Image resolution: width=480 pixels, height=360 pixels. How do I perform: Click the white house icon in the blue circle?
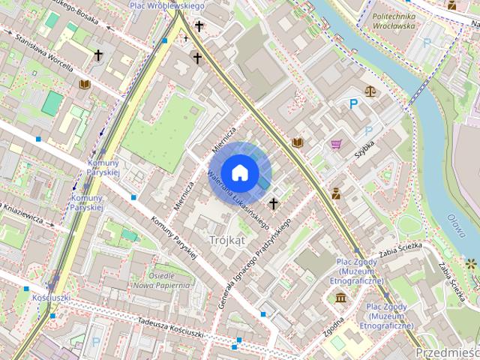[239, 172]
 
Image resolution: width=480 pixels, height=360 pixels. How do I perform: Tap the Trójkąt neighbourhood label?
[227, 240]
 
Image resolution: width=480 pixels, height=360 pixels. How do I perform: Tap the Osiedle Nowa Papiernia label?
[162, 280]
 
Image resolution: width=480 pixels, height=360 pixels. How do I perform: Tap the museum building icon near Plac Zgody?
[341, 298]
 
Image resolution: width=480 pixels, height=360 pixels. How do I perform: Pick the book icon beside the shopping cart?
[298, 142]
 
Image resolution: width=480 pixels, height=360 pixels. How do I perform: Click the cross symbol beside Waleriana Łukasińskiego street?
[274, 202]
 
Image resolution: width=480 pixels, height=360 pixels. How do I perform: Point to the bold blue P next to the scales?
[352, 105]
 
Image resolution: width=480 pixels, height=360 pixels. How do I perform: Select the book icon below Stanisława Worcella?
[84, 85]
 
